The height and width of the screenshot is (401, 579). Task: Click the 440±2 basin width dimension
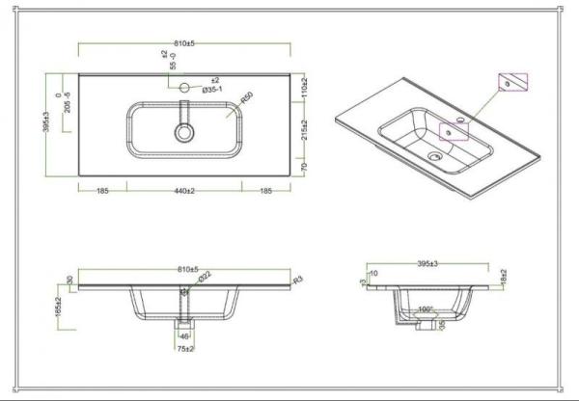click(x=183, y=191)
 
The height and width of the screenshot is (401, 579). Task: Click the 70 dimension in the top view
click(x=302, y=167)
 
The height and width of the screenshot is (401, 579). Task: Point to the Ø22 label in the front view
click(x=206, y=279)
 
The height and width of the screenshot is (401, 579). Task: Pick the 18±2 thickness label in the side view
click(x=505, y=277)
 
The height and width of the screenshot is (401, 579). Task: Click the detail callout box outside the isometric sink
click(x=513, y=83)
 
